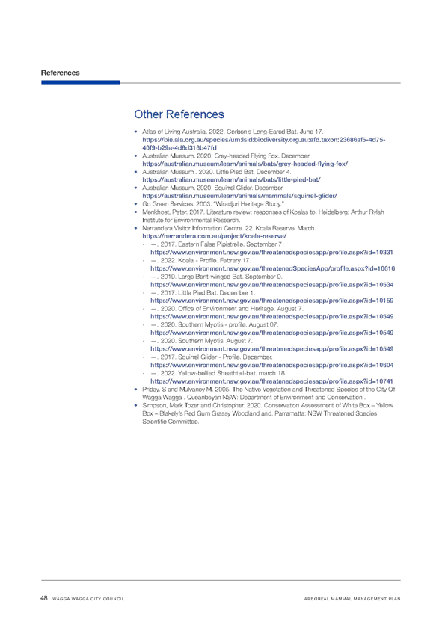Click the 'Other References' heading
click(x=179, y=114)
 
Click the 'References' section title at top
click(x=60, y=73)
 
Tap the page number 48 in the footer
click(x=44, y=598)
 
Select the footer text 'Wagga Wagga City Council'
click(x=88, y=599)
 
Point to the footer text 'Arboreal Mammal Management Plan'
click(x=352, y=599)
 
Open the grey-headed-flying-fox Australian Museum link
click(x=245, y=164)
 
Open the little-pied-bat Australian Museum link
click(x=231, y=180)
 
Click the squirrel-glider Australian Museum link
click(x=239, y=196)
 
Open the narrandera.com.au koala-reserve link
click(x=215, y=236)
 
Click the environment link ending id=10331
click(x=271, y=253)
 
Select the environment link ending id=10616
click(x=272, y=268)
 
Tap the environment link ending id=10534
click(x=271, y=285)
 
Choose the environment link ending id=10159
click(x=271, y=301)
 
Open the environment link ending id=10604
click(x=271, y=365)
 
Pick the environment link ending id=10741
click(x=271, y=381)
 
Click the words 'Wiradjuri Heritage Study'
click(x=249, y=204)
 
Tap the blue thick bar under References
click(x=81, y=82)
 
